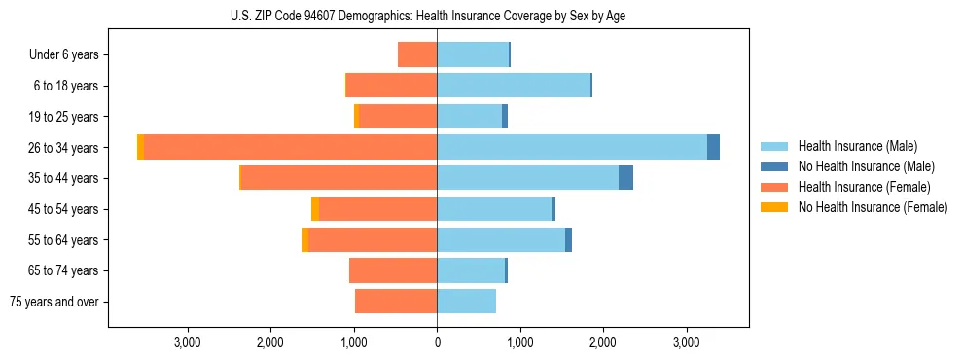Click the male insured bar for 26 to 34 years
[572, 147]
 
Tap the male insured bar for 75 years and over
[467, 302]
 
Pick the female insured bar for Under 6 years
[417, 54]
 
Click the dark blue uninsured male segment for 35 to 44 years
[625, 178]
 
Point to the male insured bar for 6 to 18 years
[514, 86]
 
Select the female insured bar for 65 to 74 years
[393, 270]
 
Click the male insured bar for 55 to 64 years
[501, 239]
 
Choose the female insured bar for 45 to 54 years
[377, 208]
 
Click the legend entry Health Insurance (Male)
[857, 146]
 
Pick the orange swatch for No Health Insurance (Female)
[775, 207]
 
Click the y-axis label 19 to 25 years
[63, 117]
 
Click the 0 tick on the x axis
[437, 342]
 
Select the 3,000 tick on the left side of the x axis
[187, 342]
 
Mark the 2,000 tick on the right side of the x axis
[603, 342]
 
